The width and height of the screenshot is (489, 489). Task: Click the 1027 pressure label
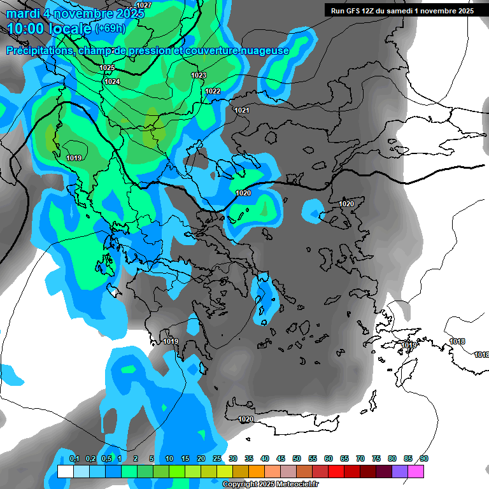[x=144, y=5]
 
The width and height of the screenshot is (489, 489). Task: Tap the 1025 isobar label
[x=107, y=67]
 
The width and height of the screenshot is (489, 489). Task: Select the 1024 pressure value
[x=112, y=81]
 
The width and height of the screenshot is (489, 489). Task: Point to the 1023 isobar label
[x=199, y=76]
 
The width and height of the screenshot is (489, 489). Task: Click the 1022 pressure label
[x=213, y=92]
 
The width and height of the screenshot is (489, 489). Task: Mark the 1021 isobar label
[x=242, y=111]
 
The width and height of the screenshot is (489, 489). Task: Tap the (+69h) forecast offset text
[x=110, y=28]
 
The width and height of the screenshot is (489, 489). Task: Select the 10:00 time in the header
[x=25, y=29]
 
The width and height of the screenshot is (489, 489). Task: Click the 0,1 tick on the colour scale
[x=74, y=458]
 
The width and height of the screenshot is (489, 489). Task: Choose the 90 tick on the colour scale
[x=424, y=458]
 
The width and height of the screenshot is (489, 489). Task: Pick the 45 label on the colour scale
[x=281, y=458]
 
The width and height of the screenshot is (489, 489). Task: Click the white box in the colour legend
[x=65, y=471]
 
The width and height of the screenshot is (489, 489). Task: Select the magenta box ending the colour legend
[x=416, y=471]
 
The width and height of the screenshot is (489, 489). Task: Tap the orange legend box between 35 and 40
[x=257, y=471]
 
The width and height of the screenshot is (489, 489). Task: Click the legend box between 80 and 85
[x=400, y=471]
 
